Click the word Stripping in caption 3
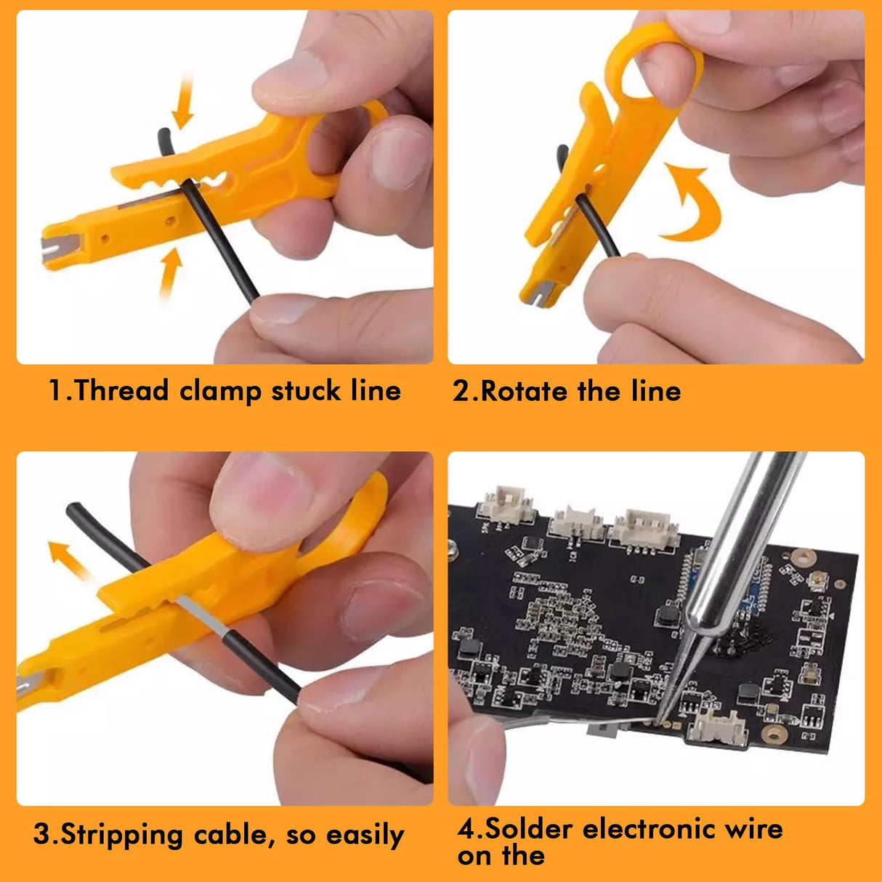(x=121, y=835)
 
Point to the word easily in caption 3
(x=365, y=836)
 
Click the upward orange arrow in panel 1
(x=169, y=272)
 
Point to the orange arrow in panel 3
(x=68, y=559)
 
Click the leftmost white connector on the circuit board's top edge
(x=506, y=504)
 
